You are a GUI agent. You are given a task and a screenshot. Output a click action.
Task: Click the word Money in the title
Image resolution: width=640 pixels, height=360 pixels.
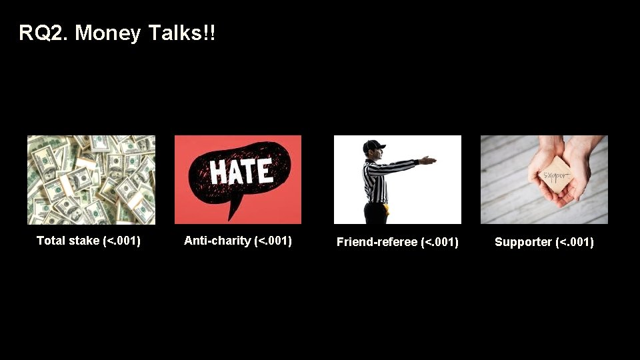[x=108, y=33]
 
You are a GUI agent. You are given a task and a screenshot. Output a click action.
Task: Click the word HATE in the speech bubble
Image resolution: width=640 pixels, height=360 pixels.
[x=241, y=172]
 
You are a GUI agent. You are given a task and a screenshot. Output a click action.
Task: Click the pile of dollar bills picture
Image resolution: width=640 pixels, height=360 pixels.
[x=91, y=180]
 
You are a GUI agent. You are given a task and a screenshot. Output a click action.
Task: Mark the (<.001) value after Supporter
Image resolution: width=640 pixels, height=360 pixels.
[x=574, y=242]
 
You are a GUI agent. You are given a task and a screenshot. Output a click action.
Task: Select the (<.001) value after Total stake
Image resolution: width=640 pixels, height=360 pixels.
[x=122, y=241]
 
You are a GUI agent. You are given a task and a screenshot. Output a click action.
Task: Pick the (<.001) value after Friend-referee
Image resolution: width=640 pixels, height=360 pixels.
[x=440, y=242]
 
